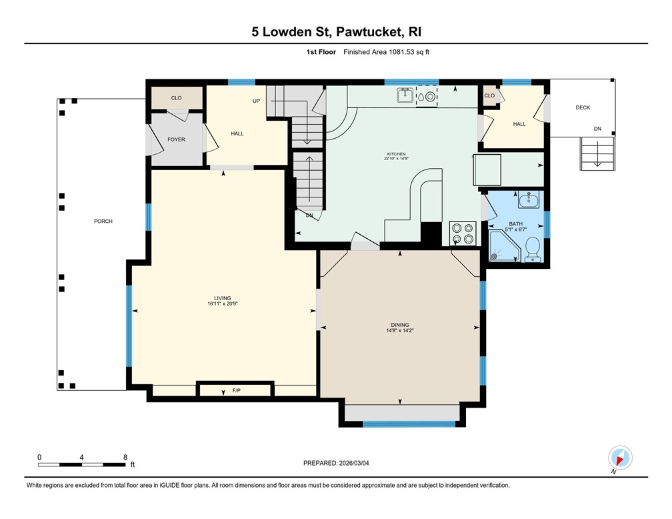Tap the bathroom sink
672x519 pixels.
[530, 199]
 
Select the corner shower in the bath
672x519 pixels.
[505, 245]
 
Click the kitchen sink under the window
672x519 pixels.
[405, 95]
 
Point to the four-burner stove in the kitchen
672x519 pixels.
[463, 233]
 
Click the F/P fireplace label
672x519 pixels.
[236, 390]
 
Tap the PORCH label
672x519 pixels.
[103, 221]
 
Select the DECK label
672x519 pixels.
[583, 107]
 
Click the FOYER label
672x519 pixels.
[176, 139]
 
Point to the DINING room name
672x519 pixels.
[400, 325]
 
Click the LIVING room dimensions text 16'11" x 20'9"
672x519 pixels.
[223, 304]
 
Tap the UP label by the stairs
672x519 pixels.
[256, 101]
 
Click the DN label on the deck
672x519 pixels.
[597, 129]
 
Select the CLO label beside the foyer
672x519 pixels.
[176, 98]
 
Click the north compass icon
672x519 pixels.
[620, 458]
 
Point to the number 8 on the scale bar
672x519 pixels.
[125, 457]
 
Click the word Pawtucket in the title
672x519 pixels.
[369, 32]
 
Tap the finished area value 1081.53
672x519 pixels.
[402, 52]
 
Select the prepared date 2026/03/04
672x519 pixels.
[354, 463]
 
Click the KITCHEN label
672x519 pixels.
[397, 154]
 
